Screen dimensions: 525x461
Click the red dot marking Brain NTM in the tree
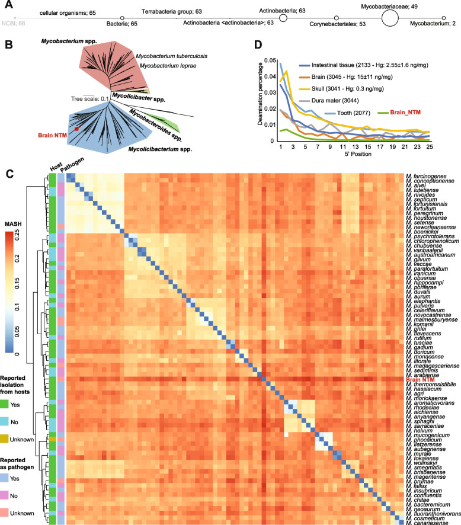(76, 128)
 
